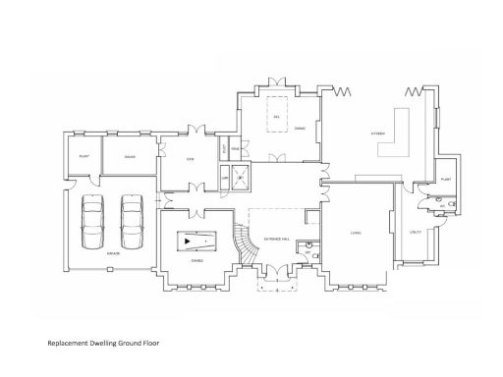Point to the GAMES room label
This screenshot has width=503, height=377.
(x=197, y=260)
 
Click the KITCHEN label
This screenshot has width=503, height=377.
(x=377, y=134)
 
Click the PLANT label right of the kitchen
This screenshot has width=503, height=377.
(x=445, y=180)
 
